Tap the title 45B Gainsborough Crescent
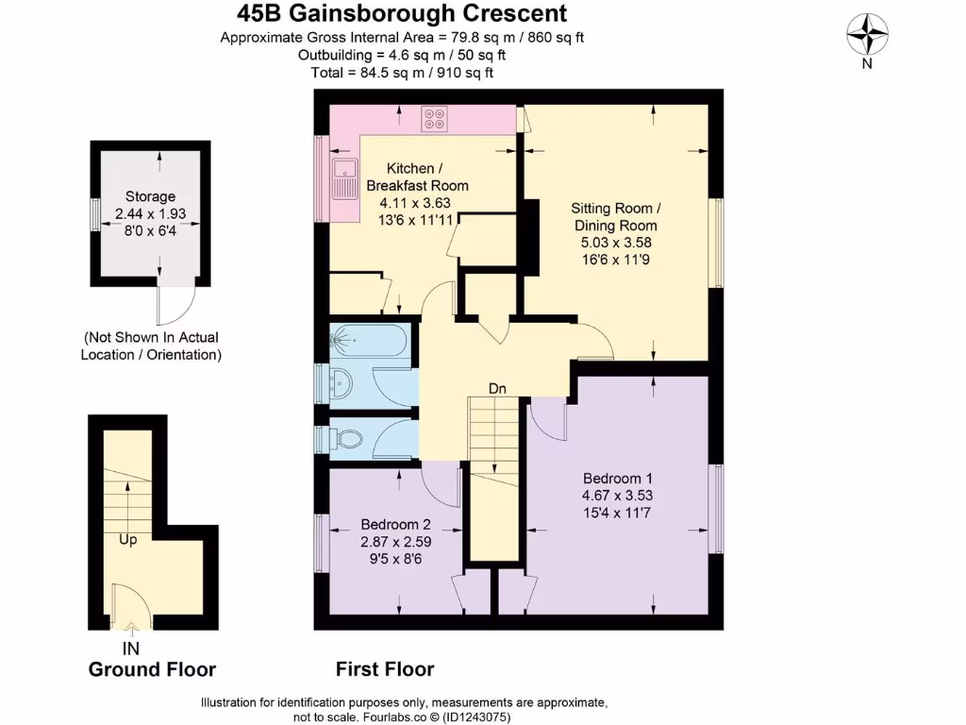401,13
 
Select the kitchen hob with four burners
436,118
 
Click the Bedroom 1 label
617,477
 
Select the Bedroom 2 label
396,525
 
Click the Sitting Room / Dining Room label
616,216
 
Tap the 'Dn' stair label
498,388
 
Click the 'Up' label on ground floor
129,540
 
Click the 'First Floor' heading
385,669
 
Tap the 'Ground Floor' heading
152,669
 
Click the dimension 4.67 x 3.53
617,495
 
